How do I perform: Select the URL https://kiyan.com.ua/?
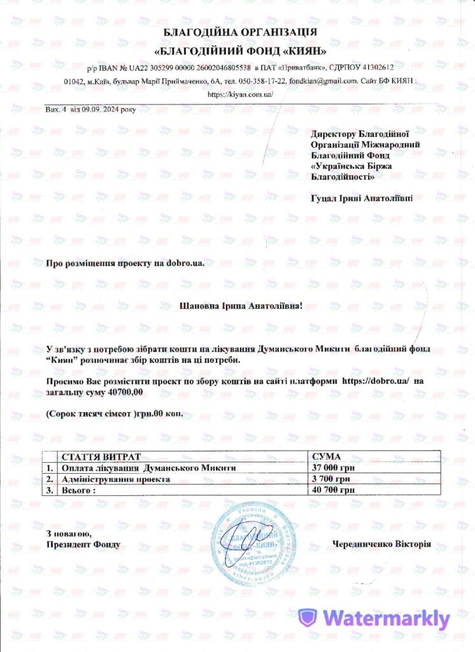(x=241, y=94)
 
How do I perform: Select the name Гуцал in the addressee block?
(x=322, y=199)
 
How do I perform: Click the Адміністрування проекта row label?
(x=115, y=479)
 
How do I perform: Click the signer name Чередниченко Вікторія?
(x=381, y=544)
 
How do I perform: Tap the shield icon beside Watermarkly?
(x=308, y=618)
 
